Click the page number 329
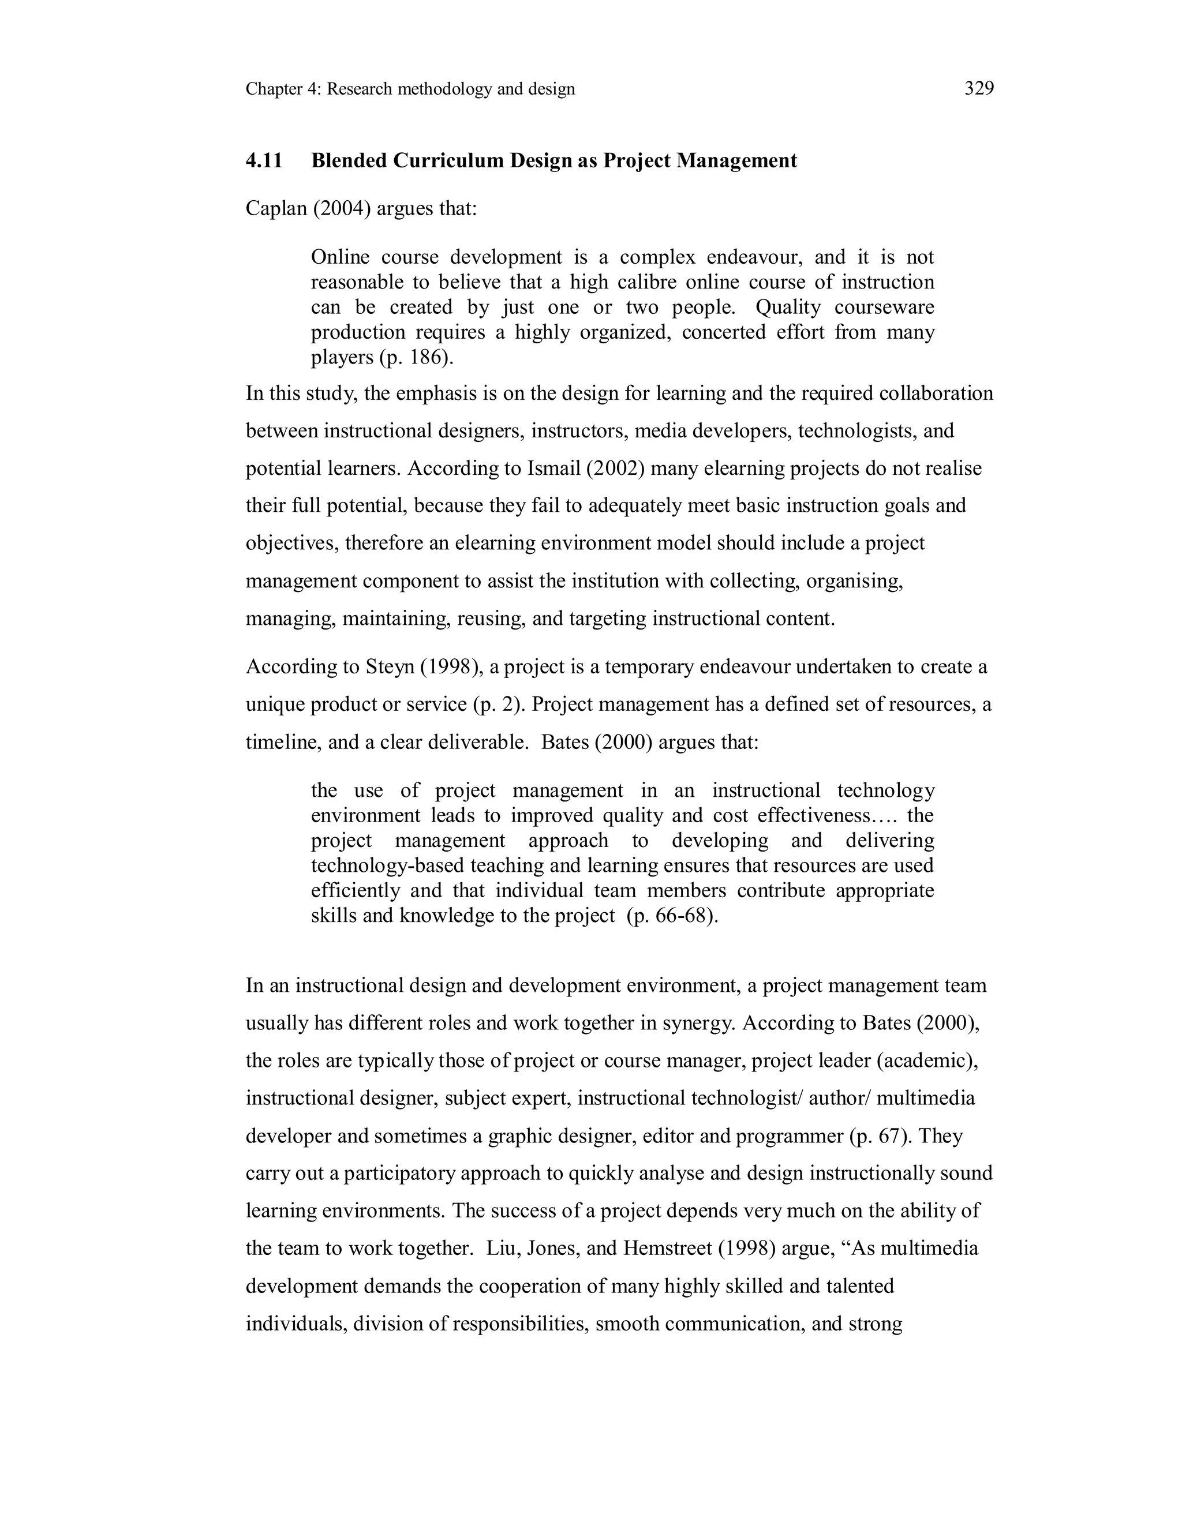pos(979,89)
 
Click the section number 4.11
pos(264,161)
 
